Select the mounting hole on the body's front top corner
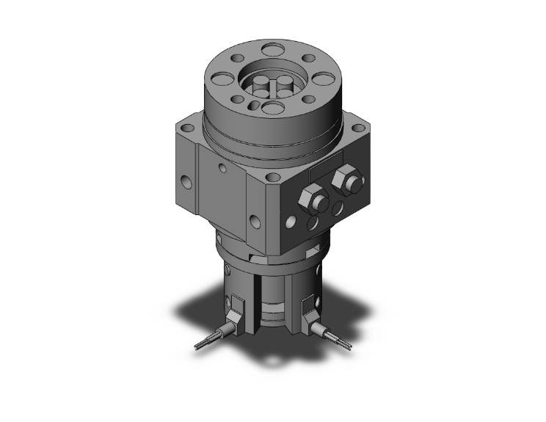click(x=273, y=176)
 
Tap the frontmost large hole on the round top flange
click(x=272, y=109)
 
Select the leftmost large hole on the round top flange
click(x=220, y=79)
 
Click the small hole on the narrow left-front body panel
click(x=222, y=168)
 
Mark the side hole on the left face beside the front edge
click(x=255, y=219)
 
